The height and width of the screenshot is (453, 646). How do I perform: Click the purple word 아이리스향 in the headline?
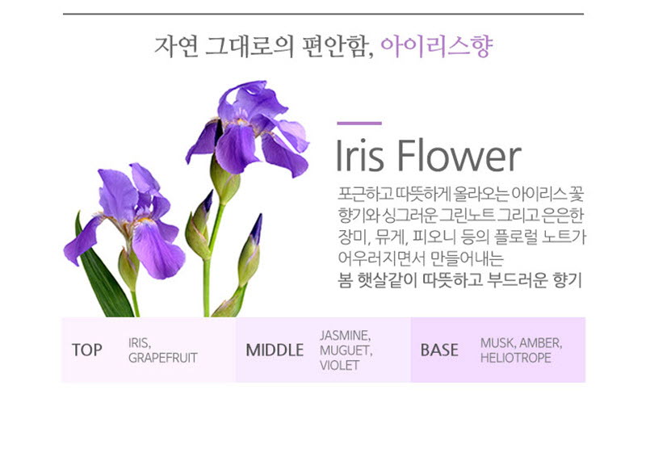coord(437,46)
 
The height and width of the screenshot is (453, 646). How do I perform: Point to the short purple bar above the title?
coord(359,123)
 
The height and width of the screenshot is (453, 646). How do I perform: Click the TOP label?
coord(87,350)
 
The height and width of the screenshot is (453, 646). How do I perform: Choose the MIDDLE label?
coord(275,350)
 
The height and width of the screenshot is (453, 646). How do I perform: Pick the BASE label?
coord(439,350)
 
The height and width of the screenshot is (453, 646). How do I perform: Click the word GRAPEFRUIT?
coord(163,358)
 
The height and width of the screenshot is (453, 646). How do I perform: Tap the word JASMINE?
coord(346,336)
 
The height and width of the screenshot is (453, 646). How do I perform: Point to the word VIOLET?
coord(339,365)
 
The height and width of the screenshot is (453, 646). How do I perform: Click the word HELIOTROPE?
coord(516,358)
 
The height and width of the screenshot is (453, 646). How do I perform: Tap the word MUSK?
coord(497,342)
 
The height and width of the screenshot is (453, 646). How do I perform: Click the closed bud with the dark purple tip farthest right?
coord(250,250)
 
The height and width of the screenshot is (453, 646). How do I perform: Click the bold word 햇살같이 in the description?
coord(388,281)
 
